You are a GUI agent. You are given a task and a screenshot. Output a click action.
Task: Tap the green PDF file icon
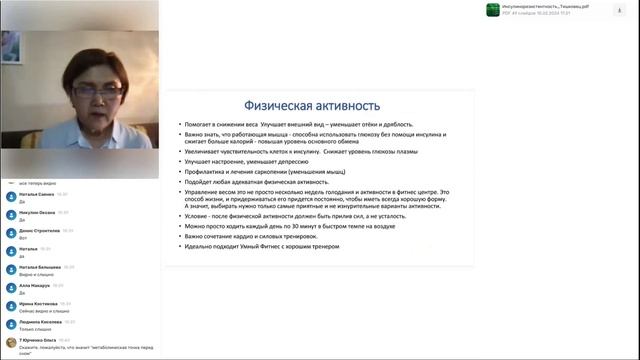coord(492,9)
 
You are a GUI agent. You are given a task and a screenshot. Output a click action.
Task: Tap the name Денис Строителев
coord(40,230)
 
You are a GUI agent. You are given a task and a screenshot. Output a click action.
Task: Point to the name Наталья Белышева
coord(40,267)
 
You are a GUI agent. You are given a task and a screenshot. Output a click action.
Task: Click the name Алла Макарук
coord(35,285)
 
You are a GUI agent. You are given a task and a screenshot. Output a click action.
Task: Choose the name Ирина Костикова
coord(38,303)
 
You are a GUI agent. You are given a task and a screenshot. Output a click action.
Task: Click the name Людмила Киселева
coord(39,322)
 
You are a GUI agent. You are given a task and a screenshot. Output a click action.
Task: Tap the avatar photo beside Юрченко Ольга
coord(10,343)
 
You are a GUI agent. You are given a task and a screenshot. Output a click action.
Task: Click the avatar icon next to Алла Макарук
coord(10,288)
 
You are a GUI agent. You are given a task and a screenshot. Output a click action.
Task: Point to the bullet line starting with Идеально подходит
coord(270,246)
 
